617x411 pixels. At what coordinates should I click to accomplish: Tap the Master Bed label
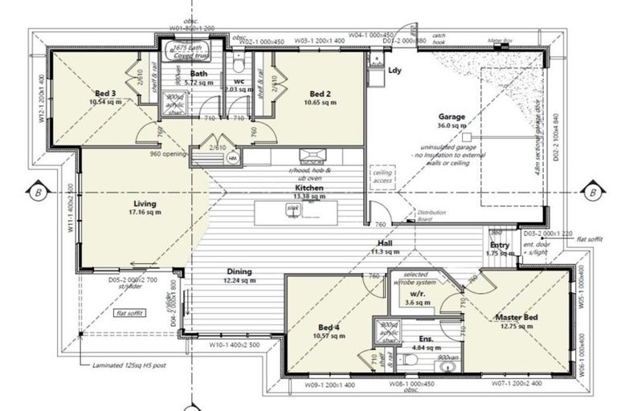(517, 318)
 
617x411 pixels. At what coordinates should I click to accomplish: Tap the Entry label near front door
(500, 245)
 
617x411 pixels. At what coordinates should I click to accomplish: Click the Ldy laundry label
(394, 71)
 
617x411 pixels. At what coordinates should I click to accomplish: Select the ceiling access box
(382, 177)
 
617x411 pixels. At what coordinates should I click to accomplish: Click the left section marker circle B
(37, 193)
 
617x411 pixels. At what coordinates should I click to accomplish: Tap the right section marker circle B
(591, 193)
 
